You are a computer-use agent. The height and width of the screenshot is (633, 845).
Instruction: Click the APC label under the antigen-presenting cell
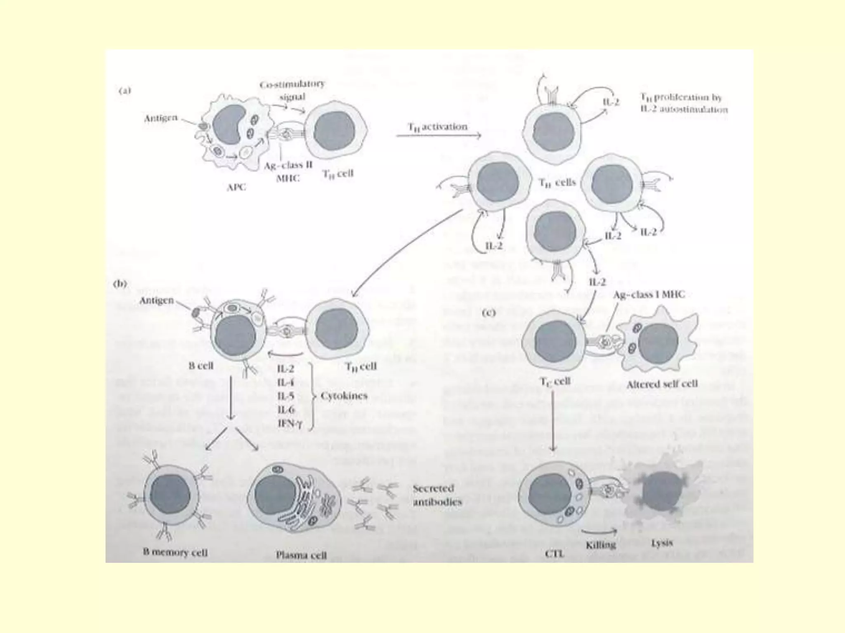(x=236, y=187)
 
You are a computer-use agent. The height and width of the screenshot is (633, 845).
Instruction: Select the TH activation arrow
(x=439, y=136)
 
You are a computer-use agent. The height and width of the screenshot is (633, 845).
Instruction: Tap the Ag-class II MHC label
(x=288, y=171)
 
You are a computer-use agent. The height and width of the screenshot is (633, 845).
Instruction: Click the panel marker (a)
(x=124, y=91)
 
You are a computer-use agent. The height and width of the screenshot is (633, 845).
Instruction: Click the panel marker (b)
(x=120, y=284)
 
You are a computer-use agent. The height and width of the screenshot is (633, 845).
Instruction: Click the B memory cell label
(x=175, y=552)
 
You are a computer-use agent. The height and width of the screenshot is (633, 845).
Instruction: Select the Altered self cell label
(x=662, y=384)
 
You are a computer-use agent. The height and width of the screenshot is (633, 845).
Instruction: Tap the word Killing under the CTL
(x=601, y=544)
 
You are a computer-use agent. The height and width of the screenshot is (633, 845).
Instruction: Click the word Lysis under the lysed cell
(x=662, y=543)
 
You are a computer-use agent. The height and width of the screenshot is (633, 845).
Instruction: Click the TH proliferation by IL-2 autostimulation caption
(x=684, y=103)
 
